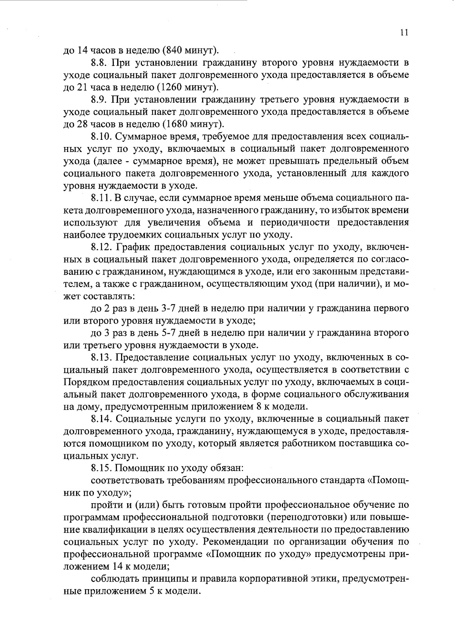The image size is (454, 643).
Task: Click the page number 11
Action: (404, 33)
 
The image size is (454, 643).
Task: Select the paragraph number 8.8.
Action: (99, 63)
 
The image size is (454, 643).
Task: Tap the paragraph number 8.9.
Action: (99, 100)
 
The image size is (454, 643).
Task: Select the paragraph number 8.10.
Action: (101, 136)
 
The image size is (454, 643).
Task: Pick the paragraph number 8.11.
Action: (101, 198)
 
